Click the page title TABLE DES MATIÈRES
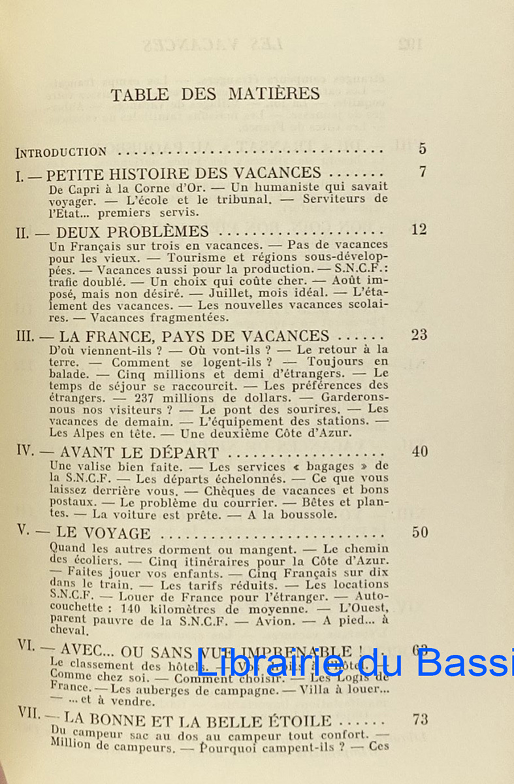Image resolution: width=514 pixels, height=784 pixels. [x=215, y=94]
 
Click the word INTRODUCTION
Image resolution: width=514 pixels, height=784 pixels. [x=61, y=152]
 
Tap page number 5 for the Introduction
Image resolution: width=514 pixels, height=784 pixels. [x=423, y=148]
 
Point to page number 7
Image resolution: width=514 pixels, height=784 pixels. [x=423, y=172]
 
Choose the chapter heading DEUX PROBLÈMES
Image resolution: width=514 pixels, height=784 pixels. [x=133, y=231]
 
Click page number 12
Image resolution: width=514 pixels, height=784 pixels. [x=419, y=229]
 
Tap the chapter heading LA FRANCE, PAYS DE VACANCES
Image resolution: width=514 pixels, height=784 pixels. [x=195, y=336]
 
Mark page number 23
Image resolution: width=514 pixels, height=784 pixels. [x=419, y=335]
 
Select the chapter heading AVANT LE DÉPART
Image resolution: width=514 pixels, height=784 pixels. [x=138, y=453]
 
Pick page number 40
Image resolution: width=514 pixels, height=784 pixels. [x=419, y=451]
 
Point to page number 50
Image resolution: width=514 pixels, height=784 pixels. [x=419, y=532]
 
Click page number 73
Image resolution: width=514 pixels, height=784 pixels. [x=420, y=721]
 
